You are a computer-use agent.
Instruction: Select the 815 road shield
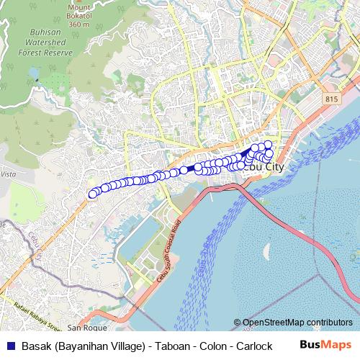point(331,99)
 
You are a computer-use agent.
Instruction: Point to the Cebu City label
point(264,166)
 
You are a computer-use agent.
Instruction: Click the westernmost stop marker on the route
point(92,194)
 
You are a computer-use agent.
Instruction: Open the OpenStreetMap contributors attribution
point(297,323)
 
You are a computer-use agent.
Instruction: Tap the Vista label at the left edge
point(8,174)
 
